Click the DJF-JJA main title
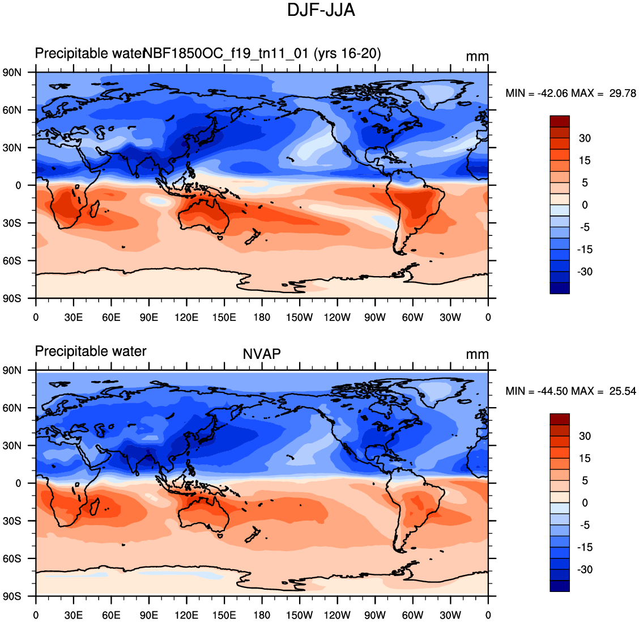(321, 10)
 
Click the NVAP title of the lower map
(262, 354)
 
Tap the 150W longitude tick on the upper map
(299, 318)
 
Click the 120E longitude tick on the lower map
(186, 615)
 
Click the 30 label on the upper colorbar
(585, 138)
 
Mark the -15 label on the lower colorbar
(585, 547)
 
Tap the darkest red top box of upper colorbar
(560, 121)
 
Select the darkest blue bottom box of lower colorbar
(560, 586)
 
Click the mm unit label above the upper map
(477, 57)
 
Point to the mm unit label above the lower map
(477, 354)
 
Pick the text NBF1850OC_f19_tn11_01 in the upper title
(225, 53)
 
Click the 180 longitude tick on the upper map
(262, 318)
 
